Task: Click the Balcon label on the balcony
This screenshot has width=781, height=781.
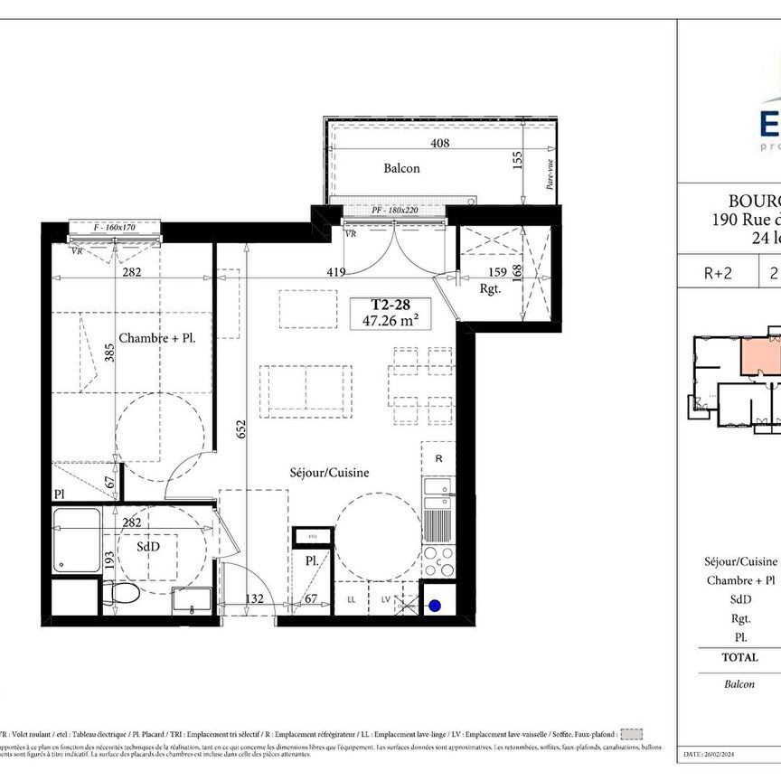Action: pos(401,168)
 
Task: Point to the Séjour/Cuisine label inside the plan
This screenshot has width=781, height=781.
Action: pos(329,472)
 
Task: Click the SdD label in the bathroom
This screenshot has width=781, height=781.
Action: pos(149,547)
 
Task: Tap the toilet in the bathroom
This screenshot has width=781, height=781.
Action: pos(122,594)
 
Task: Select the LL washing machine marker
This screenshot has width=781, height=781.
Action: pos(352,599)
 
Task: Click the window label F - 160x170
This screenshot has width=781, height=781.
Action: pos(115,228)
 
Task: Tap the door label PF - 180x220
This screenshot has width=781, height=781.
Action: pos(394,211)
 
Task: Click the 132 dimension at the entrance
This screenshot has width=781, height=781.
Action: pos(254,598)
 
